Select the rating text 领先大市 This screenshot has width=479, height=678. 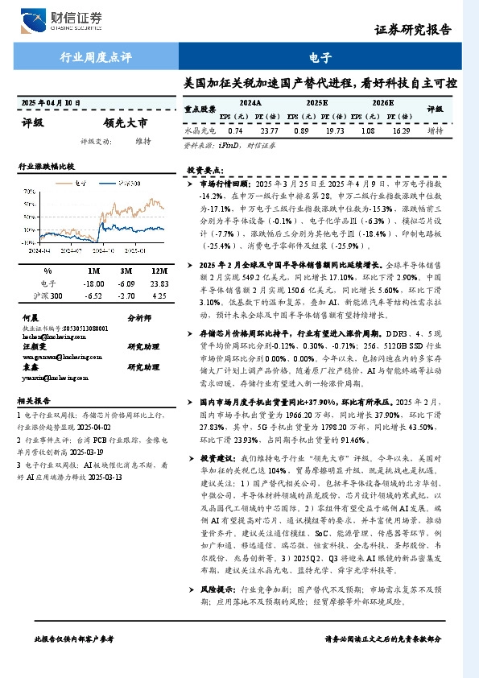126,123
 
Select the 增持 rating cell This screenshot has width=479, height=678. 436,130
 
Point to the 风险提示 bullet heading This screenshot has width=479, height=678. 214,589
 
